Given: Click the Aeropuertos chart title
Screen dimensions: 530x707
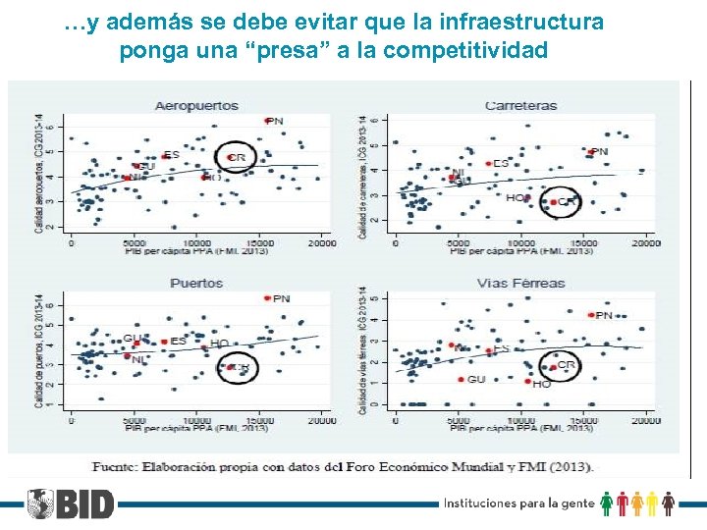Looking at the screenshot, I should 196,104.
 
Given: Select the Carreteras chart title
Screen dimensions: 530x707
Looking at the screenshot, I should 520,105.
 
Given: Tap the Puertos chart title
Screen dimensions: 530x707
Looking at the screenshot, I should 196,283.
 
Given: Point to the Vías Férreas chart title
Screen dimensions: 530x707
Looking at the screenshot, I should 520,283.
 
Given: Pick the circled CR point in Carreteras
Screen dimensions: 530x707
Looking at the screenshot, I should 553,202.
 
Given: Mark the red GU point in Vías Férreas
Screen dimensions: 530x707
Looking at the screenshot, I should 461,380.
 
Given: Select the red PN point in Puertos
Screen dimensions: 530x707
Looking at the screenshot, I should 266,298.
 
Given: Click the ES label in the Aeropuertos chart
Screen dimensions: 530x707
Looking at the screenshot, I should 172,155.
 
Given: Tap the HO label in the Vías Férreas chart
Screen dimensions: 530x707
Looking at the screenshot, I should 541,385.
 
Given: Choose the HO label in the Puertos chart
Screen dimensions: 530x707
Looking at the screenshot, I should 219,344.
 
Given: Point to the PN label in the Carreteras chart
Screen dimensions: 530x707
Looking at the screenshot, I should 599,152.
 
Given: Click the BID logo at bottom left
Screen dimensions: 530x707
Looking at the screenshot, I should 71,504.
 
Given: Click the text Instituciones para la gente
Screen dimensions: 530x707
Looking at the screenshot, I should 518,503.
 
